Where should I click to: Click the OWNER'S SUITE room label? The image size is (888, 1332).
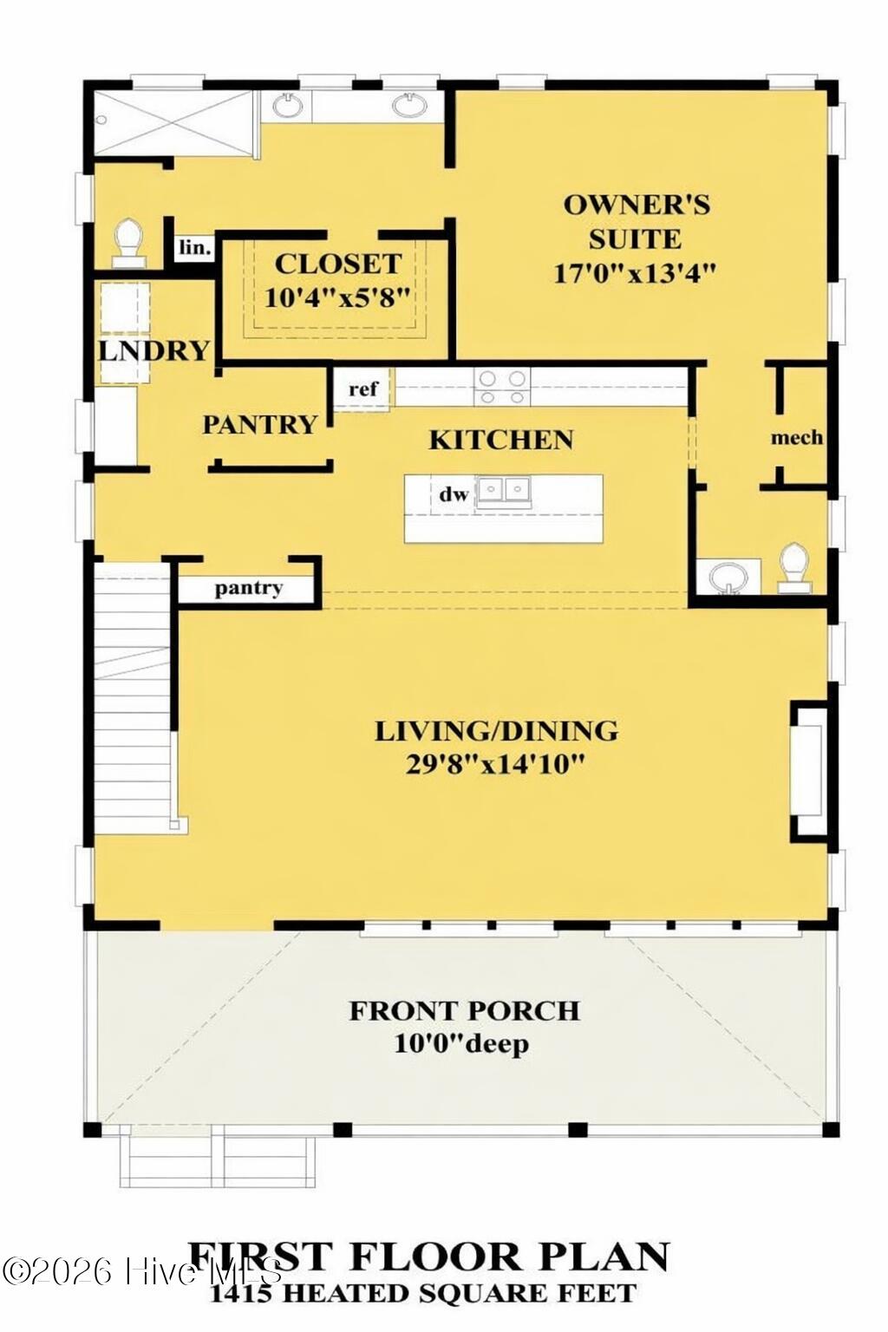click(637, 221)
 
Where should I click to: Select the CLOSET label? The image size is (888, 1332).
click(337, 264)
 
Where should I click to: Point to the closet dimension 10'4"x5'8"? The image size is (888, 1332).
click(336, 297)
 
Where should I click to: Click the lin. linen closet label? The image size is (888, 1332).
click(194, 248)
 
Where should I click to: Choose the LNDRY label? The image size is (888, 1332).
click(153, 350)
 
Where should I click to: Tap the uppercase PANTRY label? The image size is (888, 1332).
click(259, 424)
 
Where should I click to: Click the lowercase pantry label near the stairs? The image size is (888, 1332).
click(249, 588)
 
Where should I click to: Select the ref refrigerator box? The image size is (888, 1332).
click(362, 388)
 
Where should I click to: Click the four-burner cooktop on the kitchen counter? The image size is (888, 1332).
click(503, 386)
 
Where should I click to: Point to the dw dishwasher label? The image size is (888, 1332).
click(453, 494)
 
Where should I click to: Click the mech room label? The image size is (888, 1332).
click(796, 438)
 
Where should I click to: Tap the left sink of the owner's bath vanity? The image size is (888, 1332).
click(288, 106)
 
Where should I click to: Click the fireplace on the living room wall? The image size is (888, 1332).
click(808, 772)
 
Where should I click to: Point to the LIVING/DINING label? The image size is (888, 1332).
click(496, 731)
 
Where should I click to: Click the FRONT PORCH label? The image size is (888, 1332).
click(464, 1011)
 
